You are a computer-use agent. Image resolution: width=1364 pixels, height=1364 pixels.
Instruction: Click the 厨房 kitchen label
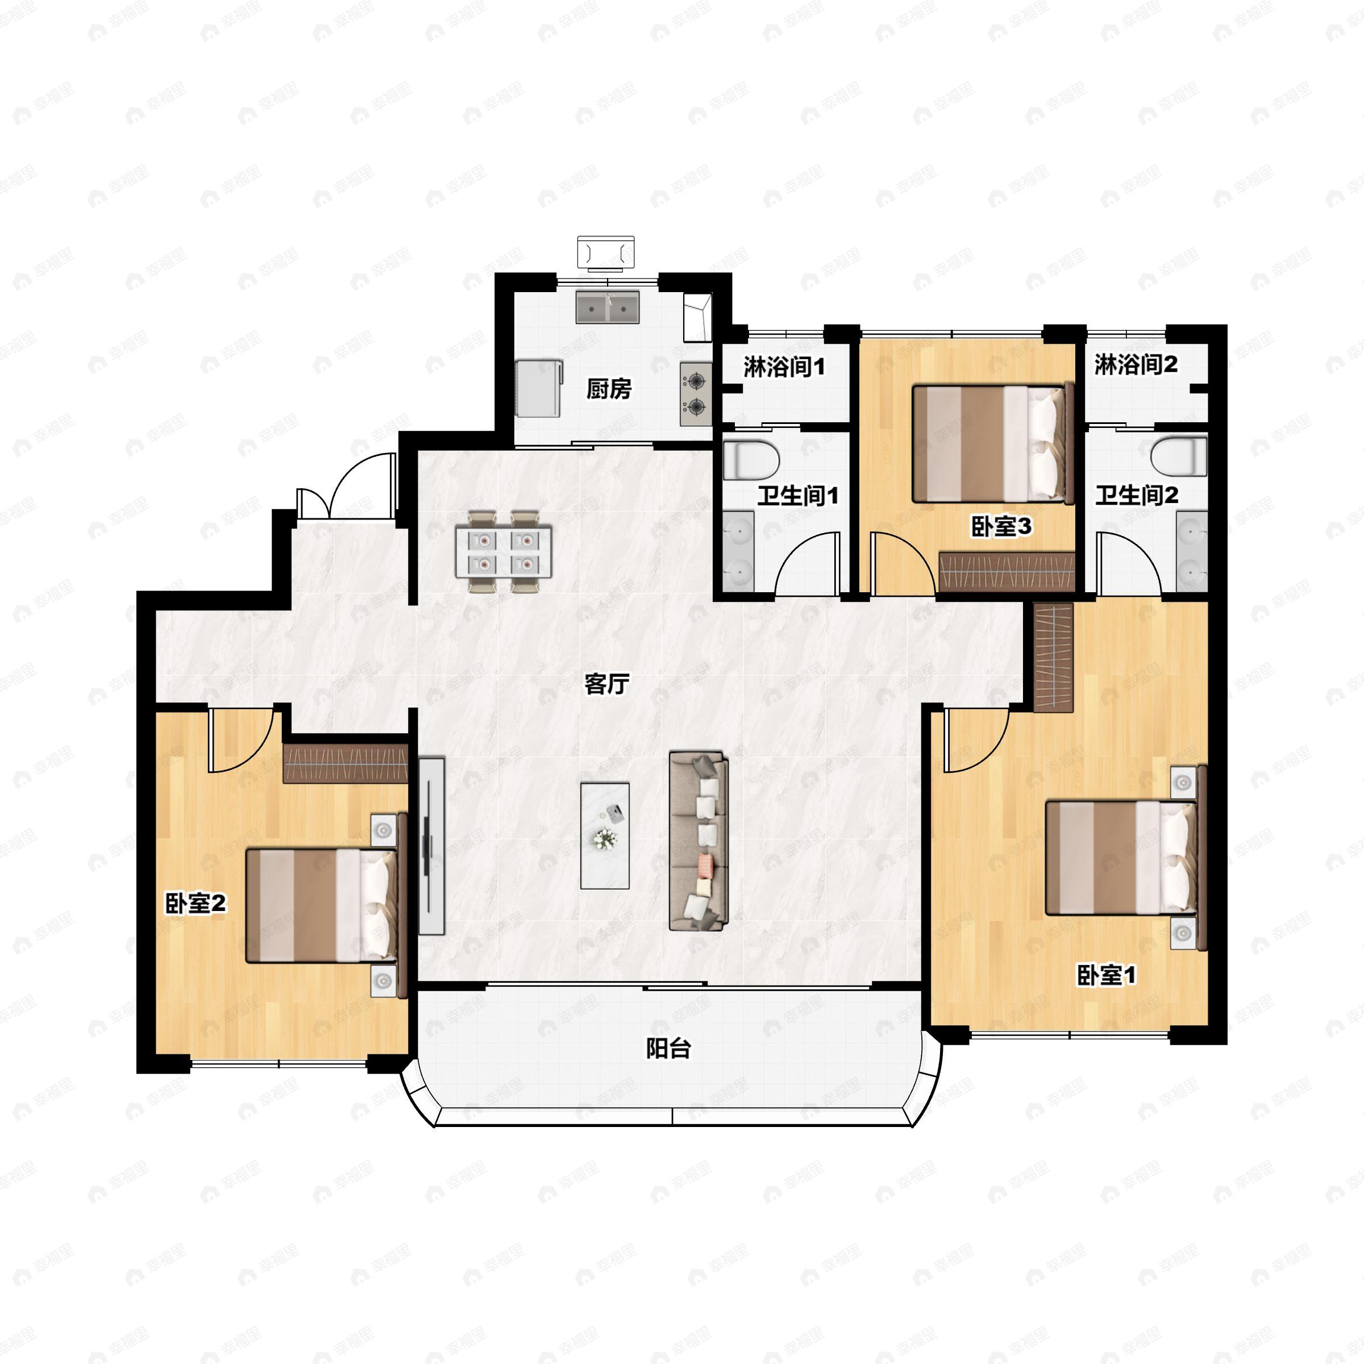click(x=609, y=388)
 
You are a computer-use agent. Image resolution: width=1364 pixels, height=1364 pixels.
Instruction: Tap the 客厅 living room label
click(x=606, y=683)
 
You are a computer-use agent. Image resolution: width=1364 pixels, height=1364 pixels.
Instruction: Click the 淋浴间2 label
click(x=1136, y=364)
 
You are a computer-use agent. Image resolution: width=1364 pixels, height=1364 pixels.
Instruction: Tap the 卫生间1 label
click(x=798, y=496)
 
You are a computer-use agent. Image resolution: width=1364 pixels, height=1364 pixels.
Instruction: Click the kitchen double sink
click(x=607, y=307)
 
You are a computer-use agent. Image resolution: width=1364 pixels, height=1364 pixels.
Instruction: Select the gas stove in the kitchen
click(x=696, y=394)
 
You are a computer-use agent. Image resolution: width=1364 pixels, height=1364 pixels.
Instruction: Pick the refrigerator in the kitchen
click(x=539, y=388)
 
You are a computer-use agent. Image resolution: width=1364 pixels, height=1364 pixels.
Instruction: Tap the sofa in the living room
click(x=698, y=840)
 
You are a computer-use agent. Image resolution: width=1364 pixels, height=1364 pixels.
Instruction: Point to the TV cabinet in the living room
click(x=431, y=846)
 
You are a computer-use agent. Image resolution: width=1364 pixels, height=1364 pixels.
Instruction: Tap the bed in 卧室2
click(x=326, y=905)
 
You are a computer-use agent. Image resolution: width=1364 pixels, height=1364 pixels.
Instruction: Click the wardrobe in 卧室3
click(x=1007, y=571)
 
